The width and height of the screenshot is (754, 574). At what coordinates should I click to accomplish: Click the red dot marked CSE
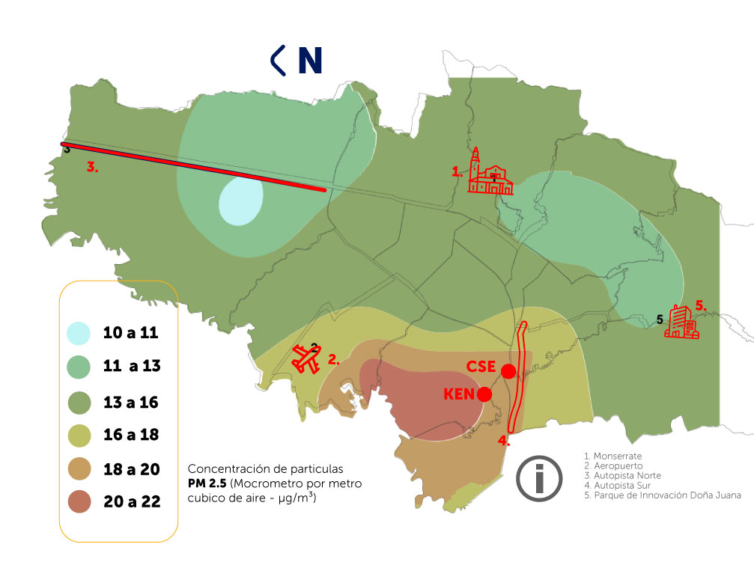click(508, 371)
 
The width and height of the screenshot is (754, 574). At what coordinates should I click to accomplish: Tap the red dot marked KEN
click(484, 394)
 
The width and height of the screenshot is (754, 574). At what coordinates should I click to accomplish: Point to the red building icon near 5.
click(681, 323)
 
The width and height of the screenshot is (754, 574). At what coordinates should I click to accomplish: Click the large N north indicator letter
click(309, 61)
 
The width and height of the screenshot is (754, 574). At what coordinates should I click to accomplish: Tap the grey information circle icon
click(539, 478)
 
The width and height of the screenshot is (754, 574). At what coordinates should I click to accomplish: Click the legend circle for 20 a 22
click(78, 502)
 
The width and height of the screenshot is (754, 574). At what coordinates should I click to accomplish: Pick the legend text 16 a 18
click(131, 435)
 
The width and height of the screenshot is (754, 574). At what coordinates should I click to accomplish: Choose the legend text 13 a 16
click(131, 402)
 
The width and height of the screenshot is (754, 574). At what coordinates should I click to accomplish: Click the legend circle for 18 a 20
click(78, 469)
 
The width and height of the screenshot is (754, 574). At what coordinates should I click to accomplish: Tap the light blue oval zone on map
click(240, 202)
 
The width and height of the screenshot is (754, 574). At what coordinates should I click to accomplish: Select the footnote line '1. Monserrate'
click(612, 456)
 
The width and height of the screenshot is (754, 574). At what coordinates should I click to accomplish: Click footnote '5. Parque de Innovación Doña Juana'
click(662, 495)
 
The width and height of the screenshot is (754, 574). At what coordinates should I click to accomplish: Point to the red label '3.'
click(91, 168)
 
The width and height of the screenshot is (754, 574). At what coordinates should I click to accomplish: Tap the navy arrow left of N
click(278, 61)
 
